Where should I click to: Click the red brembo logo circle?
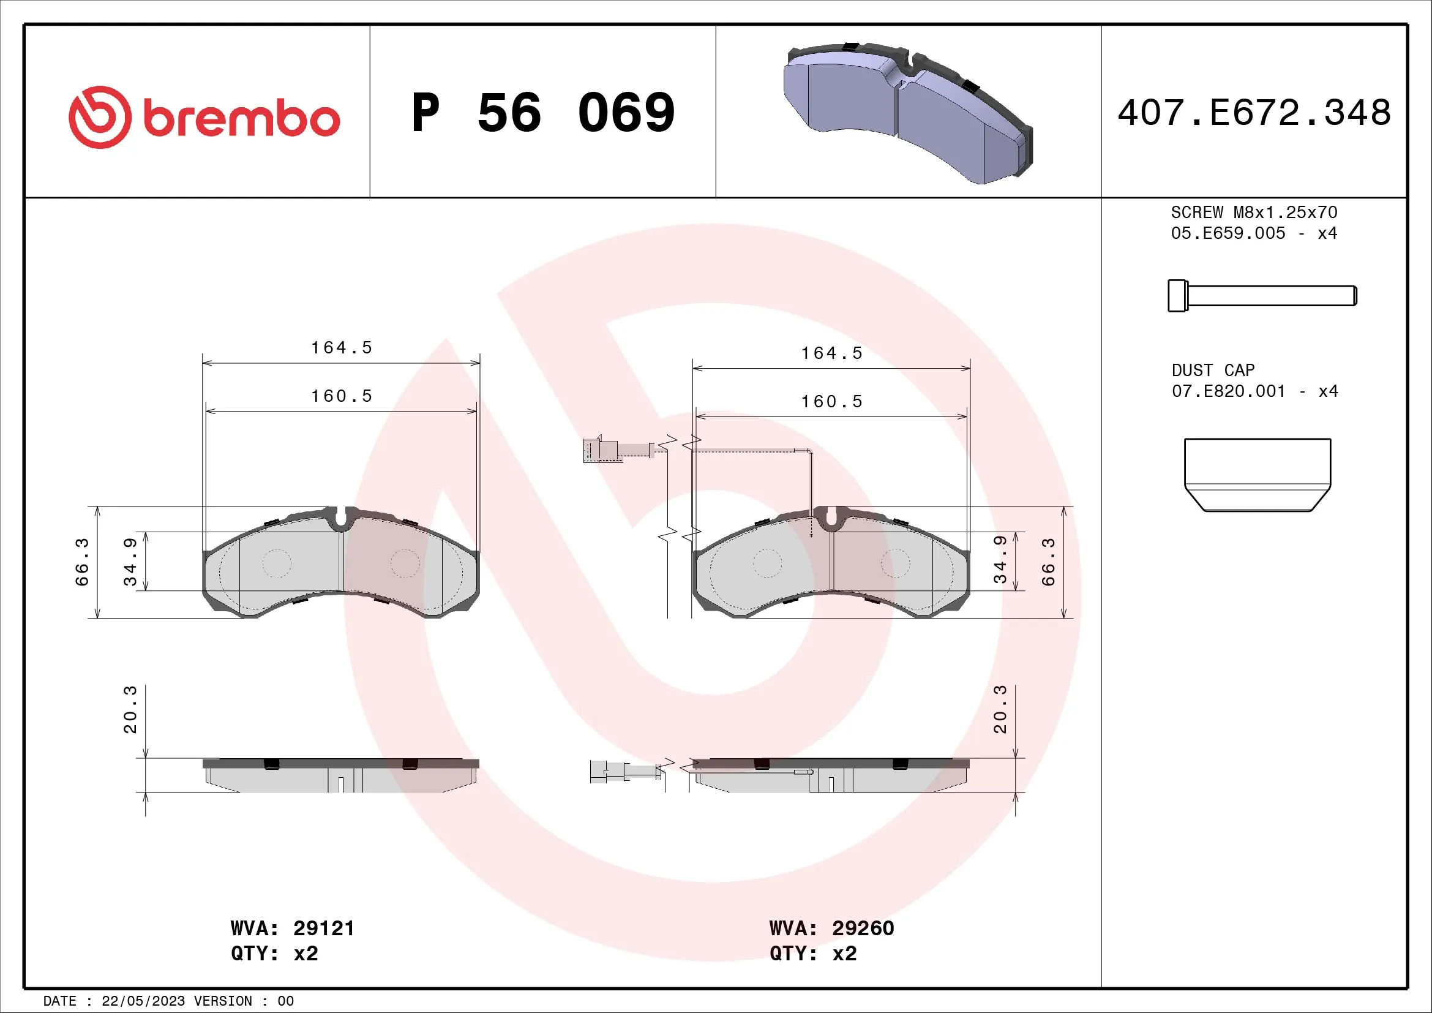100,117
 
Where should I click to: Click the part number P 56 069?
542,113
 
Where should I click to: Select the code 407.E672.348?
1254,113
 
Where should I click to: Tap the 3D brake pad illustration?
907,112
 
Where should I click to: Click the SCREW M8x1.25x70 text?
1254,213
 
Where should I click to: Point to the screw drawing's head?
1177,296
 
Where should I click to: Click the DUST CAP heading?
1212,371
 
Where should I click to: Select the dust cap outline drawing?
1258,475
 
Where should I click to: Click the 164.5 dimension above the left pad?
341,347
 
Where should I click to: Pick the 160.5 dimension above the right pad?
831,402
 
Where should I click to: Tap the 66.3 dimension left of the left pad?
82,562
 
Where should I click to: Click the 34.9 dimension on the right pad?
1000,560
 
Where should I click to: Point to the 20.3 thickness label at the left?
130,709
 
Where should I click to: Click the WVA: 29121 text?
292,928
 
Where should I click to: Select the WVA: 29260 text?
831,928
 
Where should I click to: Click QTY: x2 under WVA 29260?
812,954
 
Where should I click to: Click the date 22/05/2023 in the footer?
143,1001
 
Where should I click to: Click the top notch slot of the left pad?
341,517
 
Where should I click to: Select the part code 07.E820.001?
1228,392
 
